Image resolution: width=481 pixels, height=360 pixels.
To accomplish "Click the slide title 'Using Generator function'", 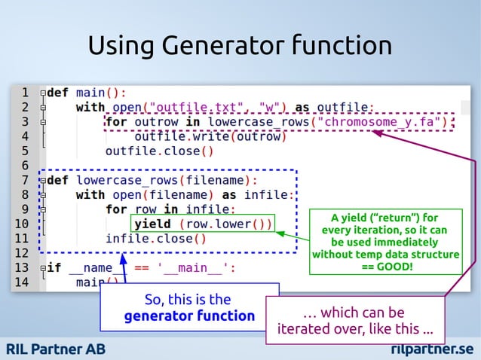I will pos(240,45).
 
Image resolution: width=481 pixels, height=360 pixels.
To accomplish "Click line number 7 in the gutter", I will pos(23,180).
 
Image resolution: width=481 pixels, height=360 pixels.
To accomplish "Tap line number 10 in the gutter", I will pos(21,224).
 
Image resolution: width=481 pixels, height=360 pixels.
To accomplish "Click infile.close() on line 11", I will pos(155,239).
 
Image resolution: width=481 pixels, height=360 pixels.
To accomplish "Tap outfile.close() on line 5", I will pos(159,151).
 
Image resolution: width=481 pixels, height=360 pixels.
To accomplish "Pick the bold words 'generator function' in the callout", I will pos(189,316).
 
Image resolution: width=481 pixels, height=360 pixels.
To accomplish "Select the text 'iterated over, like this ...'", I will pos(355,329).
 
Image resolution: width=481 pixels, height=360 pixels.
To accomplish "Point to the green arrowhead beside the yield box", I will pos(281,233).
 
